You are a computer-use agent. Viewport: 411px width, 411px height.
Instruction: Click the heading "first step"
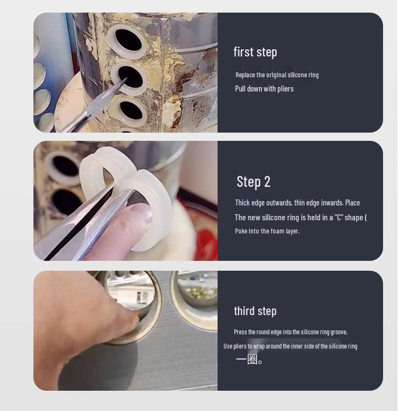point(255,52)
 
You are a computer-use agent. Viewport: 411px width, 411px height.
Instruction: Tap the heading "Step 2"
point(253,182)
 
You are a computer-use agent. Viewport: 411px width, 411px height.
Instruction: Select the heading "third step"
point(255,311)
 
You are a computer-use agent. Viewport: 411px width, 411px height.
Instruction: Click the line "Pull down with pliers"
point(264,89)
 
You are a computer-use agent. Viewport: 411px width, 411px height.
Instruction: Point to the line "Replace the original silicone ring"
point(277,75)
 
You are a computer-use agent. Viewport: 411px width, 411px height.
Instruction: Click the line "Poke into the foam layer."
point(267,231)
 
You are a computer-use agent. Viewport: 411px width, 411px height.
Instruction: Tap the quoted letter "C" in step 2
point(339,218)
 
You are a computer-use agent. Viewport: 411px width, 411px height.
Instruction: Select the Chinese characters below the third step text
point(249,359)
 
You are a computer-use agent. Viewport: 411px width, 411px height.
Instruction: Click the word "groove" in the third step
point(339,333)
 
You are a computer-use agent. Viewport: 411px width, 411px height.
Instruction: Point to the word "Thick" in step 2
point(242,203)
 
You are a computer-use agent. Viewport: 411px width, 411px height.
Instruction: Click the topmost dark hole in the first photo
point(128,40)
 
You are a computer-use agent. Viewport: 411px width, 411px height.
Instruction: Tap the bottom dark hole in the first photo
point(131,110)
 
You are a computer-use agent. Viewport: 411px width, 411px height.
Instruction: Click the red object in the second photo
point(208,239)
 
